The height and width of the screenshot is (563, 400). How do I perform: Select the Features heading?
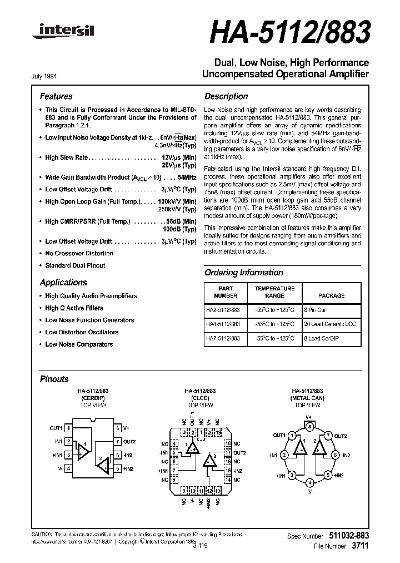coord(56,96)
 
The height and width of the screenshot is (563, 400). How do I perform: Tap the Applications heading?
coord(63,282)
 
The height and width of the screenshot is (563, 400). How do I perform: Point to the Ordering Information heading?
coord(244,273)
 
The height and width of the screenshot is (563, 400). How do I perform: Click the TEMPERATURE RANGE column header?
coord(274,292)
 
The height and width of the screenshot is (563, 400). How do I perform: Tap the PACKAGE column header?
coord(331,295)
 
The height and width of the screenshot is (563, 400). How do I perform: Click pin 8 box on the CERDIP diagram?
coord(117,428)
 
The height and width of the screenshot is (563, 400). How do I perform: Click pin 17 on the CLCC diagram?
coord(228,453)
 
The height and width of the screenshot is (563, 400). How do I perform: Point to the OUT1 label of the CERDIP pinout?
coord(56,428)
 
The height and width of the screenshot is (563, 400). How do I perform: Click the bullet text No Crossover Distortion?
coord(79,253)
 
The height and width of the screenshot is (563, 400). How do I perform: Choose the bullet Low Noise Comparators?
coord(79,344)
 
